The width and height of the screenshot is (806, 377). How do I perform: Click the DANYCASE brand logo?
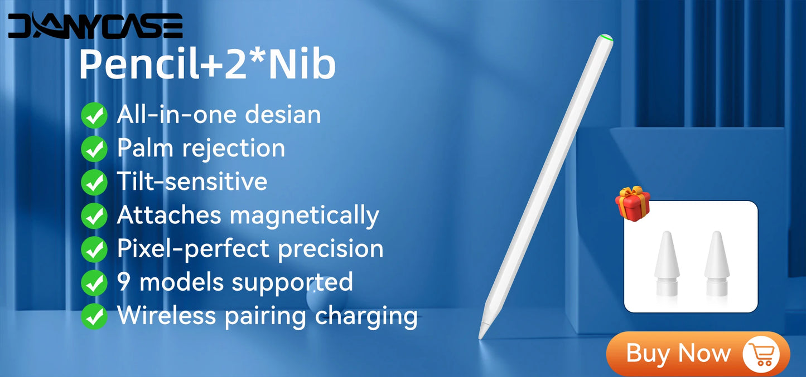(95, 26)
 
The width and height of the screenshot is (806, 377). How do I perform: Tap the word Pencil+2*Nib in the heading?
(207, 65)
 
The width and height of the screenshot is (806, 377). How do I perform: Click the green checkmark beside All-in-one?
(94, 116)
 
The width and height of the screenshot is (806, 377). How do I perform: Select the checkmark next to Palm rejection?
(94, 149)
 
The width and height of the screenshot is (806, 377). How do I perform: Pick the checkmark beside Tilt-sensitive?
(94, 183)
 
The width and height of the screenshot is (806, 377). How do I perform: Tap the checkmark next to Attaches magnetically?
(94, 216)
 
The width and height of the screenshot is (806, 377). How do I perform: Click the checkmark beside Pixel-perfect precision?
(94, 249)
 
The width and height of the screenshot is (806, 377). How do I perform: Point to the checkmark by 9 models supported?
(94, 283)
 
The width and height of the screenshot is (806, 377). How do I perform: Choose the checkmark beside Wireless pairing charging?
(94, 316)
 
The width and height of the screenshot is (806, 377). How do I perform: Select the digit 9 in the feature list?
(124, 282)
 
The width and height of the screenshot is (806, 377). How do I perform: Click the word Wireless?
(166, 315)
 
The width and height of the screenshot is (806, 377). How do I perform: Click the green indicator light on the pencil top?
(607, 38)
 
